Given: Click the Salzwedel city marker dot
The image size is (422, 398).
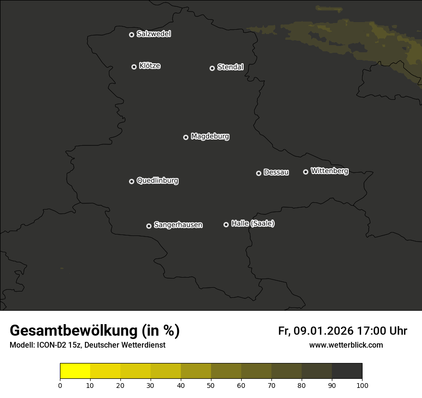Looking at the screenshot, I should point(131,35).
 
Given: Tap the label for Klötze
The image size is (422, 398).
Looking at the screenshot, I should point(150,66).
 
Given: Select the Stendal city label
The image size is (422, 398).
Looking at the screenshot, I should point(230,67).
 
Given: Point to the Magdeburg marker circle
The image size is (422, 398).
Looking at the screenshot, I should point(186,137).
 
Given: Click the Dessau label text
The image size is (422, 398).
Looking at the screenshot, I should point(276,173).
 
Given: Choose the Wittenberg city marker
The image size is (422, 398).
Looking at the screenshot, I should point(305,172).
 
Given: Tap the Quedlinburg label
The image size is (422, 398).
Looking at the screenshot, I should point(157,181).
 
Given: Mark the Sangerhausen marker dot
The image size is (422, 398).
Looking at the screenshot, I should point(149,226).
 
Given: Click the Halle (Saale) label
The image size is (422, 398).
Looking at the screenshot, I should point(253,223).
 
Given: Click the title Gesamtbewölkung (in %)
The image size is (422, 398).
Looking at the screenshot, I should point(94,331).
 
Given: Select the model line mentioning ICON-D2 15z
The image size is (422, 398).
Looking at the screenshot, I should point(87,345).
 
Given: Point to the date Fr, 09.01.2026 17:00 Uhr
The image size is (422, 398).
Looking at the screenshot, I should point(342,331).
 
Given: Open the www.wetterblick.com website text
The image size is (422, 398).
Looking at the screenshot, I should point(346,345).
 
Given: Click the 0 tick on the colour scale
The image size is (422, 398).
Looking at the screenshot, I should point(60,385).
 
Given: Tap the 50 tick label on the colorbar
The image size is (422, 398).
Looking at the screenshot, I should point(211,385).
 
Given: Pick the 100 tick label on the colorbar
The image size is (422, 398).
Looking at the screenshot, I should point(362,385).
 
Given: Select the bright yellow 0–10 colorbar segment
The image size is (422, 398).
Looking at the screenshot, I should point(75,371).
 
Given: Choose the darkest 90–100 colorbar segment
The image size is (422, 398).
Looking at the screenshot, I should point(347,371).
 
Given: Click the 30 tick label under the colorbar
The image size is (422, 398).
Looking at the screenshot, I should point(151,385).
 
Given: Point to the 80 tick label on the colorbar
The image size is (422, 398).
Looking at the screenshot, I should point(302,385).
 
